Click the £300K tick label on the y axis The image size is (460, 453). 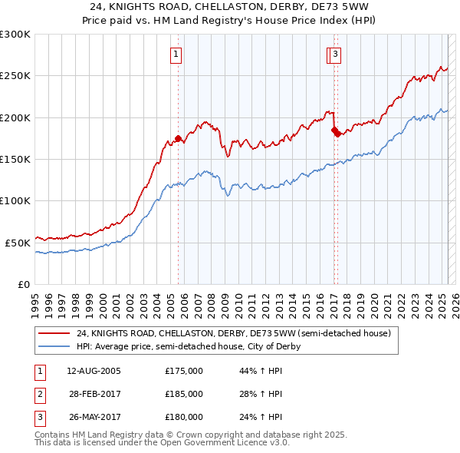(15, 35)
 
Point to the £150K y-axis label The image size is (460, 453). (15, 159)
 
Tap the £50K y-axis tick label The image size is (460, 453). (18, 243)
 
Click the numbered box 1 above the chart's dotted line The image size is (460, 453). (176, 55)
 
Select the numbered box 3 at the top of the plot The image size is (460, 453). (337, 55)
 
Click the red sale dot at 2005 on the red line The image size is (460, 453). (178, 139)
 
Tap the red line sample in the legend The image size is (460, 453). (54, 334)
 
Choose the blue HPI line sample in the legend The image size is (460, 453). (54, 346)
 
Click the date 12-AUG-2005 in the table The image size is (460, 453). (94, 371)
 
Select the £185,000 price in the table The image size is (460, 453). (184, 394)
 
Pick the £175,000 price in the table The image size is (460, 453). (184, 371)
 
